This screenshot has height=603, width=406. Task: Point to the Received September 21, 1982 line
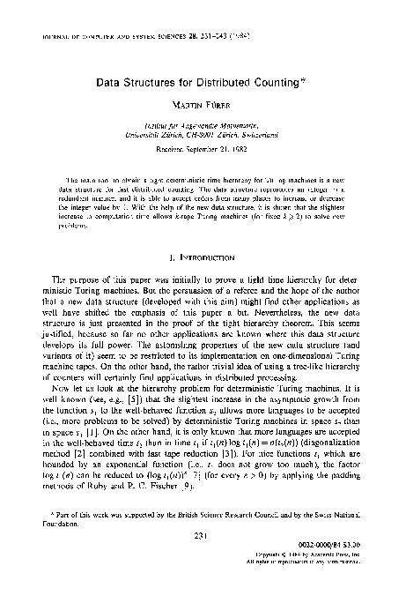pyautogui.click(x=203, y=161)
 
